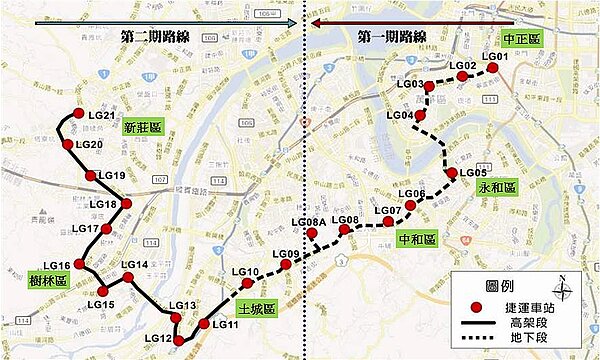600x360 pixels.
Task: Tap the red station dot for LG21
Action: pyautogui.click(x=78, y=116)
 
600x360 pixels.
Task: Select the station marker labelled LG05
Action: pyautogui.click(x=452, y=173)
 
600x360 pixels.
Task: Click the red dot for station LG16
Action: pyautogui.click(x=79, y=266)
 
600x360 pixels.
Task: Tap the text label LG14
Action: pyautogui.click(x=134, y=265)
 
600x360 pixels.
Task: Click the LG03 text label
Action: pyautogui.click(x=410, y=84)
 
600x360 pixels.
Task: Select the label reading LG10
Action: pyautogui.click(x=245, y=272)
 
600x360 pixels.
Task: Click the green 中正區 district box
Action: pyautogui.click(x=519, y=37)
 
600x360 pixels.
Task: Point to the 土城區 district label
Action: pyautogui.click(x=257, y=310)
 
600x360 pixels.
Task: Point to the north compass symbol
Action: pyautogui.click(x=563, y=289)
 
